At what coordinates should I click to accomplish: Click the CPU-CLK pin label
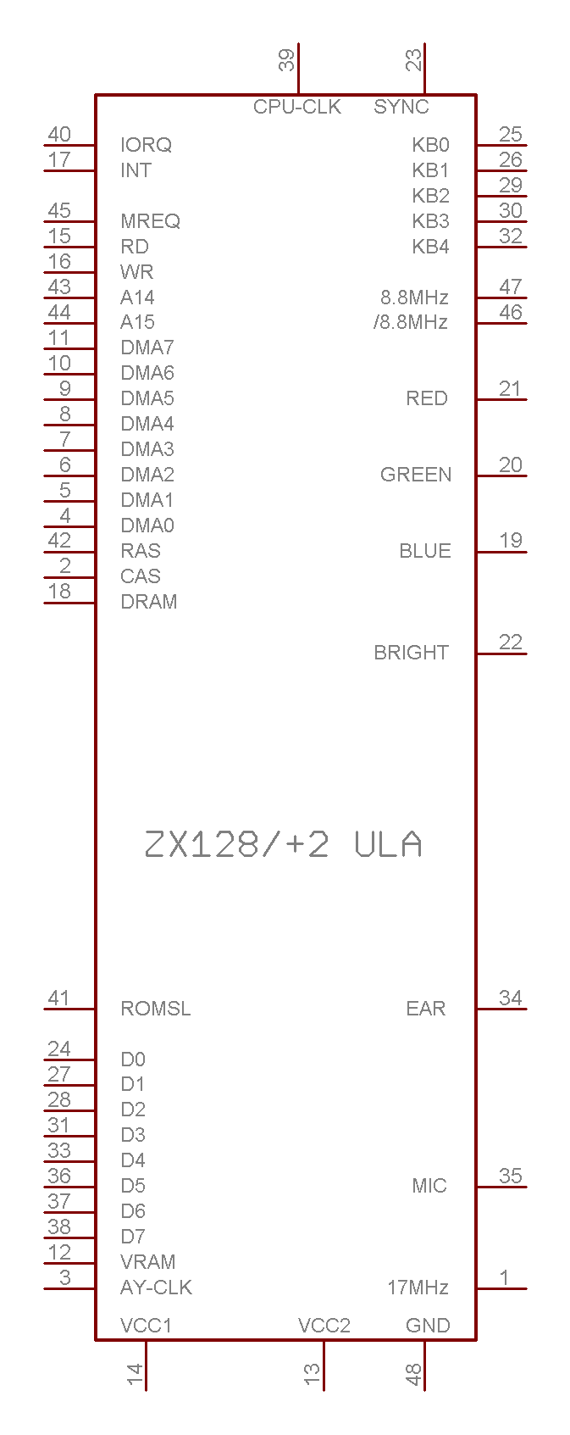click(297, 107)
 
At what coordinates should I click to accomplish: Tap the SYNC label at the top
click(401, 107)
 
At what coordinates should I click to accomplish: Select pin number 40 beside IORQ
click(59, 135)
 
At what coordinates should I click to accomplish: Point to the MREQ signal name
click(151, 221)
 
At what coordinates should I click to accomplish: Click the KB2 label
click(430, 196)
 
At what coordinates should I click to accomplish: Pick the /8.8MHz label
click(411, 322)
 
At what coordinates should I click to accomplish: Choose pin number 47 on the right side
click(511, 287)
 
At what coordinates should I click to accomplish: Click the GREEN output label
click(417, 475)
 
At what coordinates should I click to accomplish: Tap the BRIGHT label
click(411, 653)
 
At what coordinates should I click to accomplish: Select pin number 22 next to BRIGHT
click(511, 642)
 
